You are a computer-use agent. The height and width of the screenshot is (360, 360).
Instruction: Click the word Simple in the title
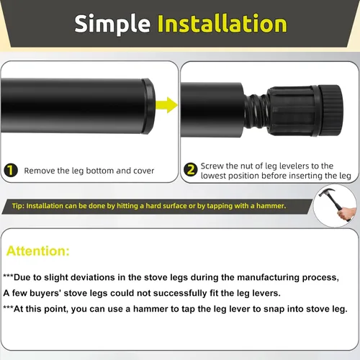112,24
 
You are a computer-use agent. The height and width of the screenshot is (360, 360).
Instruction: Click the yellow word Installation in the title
222,23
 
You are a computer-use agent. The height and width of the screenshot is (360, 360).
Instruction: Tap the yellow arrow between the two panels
166,105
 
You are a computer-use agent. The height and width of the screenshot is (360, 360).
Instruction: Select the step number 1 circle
11,170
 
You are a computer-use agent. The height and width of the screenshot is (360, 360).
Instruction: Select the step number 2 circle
191,170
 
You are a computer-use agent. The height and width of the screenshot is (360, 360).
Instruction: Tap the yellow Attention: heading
38,251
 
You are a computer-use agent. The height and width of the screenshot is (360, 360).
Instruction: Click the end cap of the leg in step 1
148,106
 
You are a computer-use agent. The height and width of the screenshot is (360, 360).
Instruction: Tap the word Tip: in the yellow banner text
18,206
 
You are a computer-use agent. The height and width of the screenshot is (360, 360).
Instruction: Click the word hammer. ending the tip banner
271,206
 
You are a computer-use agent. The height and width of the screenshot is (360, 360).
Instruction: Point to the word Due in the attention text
22,277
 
